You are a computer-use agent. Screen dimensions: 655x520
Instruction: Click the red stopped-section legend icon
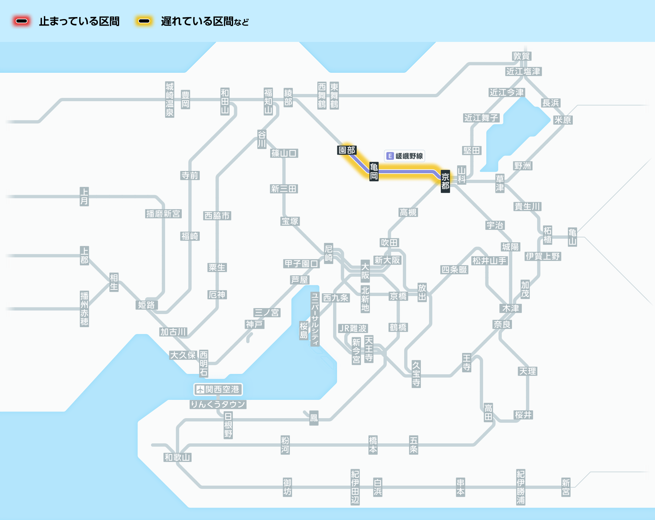point(22,21)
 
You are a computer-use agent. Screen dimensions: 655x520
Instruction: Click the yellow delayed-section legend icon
point(144,21)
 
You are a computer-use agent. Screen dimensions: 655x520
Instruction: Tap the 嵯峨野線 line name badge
point(405,156)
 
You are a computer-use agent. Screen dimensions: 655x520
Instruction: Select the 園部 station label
point(347,150)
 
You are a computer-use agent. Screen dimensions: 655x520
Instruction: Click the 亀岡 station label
point(374,172)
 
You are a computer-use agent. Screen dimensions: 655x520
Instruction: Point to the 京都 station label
point(445,181)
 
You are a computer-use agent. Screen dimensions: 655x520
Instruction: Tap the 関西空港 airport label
point(218,389)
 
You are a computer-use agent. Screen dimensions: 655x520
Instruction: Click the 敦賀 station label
point(522,56)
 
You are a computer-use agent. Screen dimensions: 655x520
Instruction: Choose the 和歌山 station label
point(178,457)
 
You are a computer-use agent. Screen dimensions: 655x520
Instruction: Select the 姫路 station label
point(146,305)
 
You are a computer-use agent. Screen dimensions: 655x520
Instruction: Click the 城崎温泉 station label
point(170,100)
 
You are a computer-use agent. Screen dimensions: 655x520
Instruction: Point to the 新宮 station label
point(566,487)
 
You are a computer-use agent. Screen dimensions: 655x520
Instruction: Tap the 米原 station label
point(563,120)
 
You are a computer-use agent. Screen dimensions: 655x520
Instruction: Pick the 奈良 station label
point(502,325)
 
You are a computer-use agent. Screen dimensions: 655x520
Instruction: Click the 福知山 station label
point(269,101)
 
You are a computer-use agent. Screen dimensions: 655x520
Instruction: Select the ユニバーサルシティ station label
point(315,319)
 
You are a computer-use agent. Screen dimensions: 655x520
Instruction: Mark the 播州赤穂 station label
point(84,309)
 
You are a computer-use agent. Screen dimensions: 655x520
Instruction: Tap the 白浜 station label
point(378,487)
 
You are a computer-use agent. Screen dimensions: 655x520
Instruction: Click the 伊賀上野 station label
point(543,256)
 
